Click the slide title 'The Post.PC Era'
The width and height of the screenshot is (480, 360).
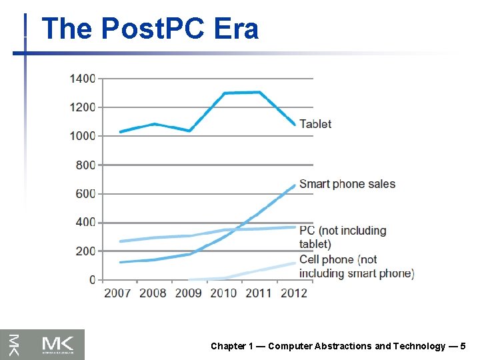[149, 29]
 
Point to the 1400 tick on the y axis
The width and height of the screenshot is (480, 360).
[83, 79]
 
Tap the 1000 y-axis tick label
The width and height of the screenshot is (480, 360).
[83, 136]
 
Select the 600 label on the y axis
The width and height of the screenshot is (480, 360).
[86, 194]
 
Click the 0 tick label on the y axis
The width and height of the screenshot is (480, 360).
[93, 280]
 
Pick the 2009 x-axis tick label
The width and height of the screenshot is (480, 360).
[189, 293]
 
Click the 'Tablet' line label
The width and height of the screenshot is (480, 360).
[315, 124]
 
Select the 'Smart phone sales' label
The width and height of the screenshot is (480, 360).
[347, 184]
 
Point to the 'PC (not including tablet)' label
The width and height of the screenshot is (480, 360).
[343, 237]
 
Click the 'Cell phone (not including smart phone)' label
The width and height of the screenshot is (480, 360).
[357, 266]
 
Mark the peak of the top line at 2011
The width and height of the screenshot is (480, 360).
[259, 92]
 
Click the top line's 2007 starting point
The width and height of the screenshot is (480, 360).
[120, 132]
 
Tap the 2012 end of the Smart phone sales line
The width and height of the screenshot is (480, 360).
[294, 185]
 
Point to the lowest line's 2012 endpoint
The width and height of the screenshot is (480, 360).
[294, 263]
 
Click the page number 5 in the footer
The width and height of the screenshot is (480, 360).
[463, 346]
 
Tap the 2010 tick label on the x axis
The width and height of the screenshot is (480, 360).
[223, 293]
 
